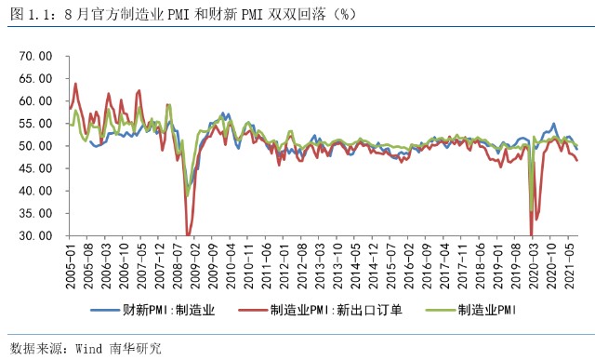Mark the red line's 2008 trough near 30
(188, 235)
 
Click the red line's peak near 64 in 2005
(74, 84)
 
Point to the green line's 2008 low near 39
(187, 195)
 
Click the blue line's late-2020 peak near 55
(554, 124)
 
